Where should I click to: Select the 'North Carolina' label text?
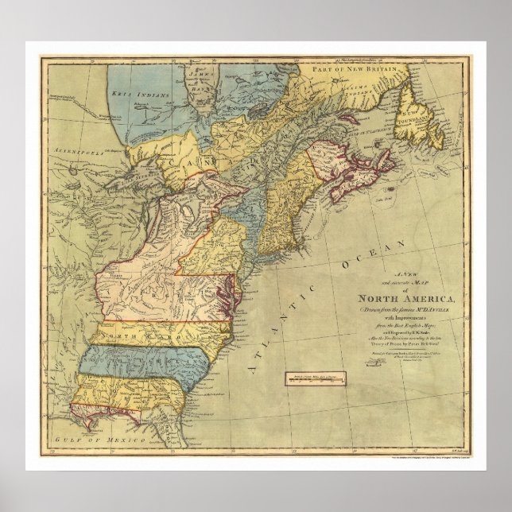click(151, 336)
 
